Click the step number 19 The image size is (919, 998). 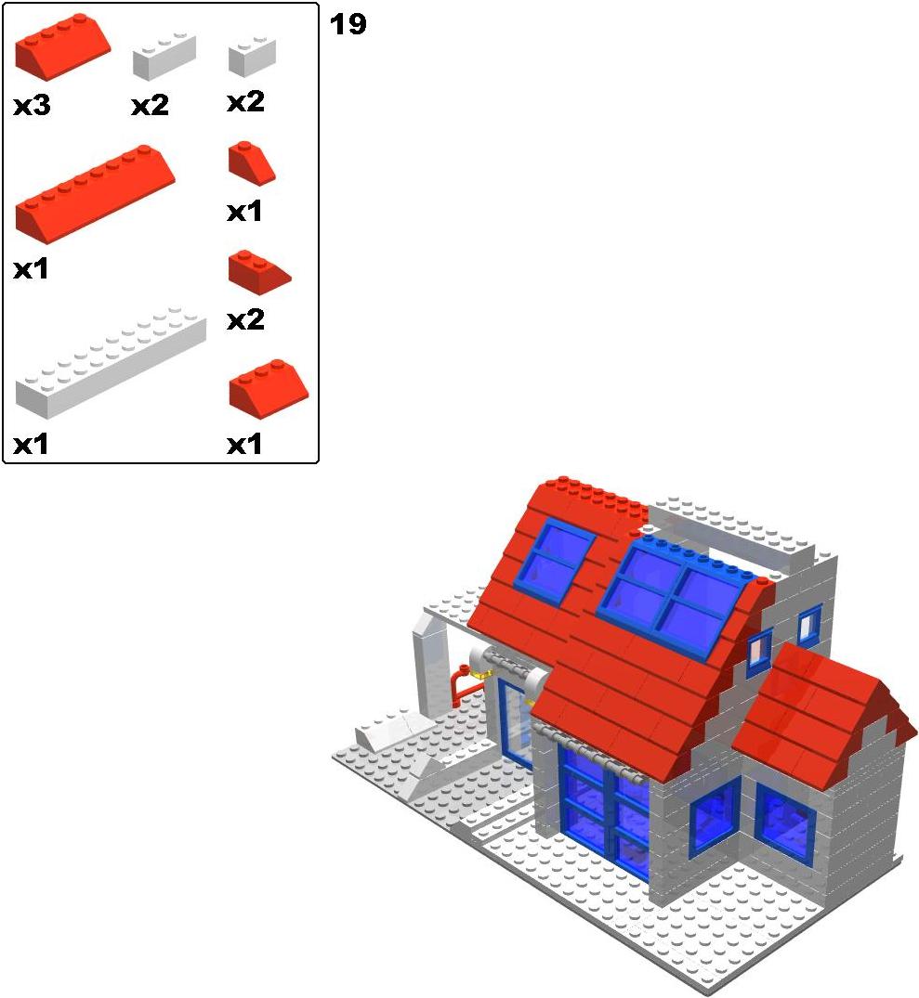coord(348,24)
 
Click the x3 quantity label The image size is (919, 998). coord(32,105)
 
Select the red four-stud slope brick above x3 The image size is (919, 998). coord(62,46)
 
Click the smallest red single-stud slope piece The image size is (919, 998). coord(252,163)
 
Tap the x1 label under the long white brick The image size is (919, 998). coord(32,445)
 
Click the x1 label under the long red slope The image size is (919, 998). coord(32,269)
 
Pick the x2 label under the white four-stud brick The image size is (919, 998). coord(151,105)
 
